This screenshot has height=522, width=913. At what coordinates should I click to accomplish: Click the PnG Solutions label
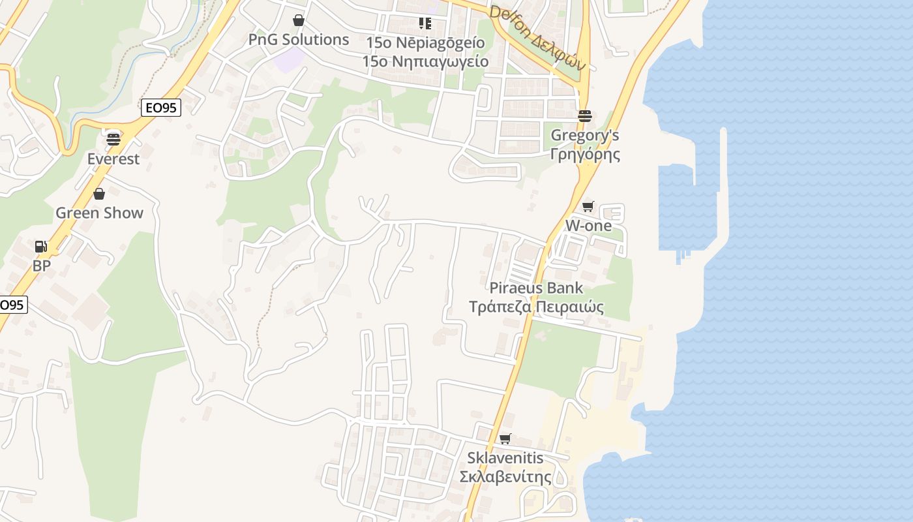[299, 40]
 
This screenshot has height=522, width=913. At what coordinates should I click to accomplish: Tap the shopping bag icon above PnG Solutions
[299, 20]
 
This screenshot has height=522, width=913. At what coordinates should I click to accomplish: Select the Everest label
[113, 159]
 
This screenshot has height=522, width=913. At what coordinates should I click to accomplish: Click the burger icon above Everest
[113, 139]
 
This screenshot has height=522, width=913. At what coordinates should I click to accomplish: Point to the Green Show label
[99, 213]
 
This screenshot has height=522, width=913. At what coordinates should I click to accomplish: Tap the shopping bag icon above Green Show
[99, 194]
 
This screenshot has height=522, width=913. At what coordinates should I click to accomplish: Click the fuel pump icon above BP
[41, 247]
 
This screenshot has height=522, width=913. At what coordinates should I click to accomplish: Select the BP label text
[42, 266]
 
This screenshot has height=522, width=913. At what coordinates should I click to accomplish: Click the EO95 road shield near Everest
[161, 108]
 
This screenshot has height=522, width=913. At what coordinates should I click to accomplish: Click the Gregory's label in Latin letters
[585, 136]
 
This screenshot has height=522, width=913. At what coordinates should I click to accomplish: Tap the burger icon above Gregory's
[584, 116]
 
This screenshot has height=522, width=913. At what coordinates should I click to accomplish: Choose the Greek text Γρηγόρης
[585, 155]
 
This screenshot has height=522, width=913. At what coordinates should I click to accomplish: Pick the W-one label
[588, 226]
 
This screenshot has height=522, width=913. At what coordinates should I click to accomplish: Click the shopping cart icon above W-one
[588, 207]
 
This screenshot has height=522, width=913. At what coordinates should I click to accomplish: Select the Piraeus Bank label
[536, 288]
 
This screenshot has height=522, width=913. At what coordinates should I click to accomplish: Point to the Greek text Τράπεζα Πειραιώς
[536, 307]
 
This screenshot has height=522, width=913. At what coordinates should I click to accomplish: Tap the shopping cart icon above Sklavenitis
[505, 438]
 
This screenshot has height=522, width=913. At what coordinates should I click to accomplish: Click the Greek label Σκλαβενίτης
[505, 477]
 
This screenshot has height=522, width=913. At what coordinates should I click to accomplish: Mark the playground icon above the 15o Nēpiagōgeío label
[425, 23]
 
